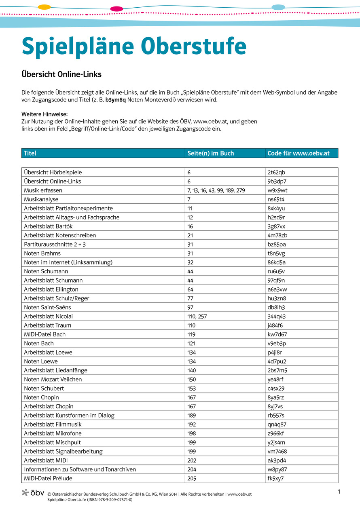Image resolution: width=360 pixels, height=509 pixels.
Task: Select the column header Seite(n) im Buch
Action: (x=210, y=153)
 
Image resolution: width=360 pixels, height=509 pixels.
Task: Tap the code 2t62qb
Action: (x=276, y=172)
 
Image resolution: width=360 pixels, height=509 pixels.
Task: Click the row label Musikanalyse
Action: (x=41, y=199)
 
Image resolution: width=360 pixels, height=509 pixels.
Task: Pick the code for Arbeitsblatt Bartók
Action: (x=276, y=226)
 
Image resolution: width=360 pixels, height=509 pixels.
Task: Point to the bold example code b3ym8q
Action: (x=116, y=99)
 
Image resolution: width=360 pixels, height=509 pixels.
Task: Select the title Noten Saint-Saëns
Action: (x=47, y=308)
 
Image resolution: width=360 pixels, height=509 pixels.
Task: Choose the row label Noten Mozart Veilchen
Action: (x=53, y=380)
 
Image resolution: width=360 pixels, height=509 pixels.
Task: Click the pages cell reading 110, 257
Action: (x=197, y=317)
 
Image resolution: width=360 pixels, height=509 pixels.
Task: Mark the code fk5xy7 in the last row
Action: (x=275, y=479)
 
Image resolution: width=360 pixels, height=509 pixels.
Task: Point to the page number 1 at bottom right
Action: (x=339, y=492)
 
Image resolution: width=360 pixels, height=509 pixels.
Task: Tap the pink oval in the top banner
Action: (x=116, y=8)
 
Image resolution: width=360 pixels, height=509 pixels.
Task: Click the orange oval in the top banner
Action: (x=44, y=7)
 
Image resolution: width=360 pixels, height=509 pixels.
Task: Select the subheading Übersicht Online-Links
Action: (x=61, y=74)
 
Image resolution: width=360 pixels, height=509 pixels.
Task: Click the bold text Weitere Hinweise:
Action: (x=44, y=114)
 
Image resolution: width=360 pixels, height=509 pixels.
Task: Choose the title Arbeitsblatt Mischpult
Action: (x=52, y=442)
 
